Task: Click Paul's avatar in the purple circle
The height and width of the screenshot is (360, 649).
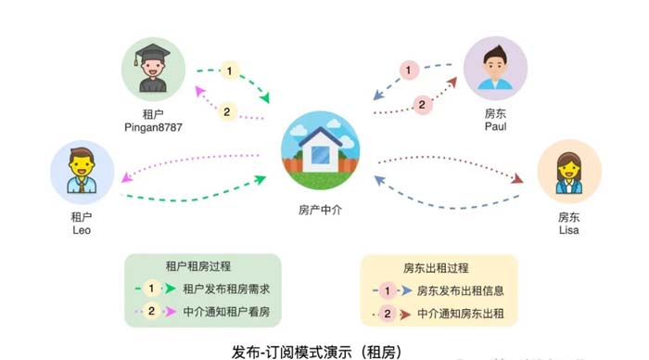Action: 495,68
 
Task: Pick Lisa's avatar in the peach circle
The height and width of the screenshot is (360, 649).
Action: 568,172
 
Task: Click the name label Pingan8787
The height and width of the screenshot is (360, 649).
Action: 149,125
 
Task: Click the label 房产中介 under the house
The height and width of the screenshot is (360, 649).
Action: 324,210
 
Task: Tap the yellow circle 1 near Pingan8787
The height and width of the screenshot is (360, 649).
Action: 229,71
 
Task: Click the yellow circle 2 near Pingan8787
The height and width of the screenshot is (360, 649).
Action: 228,111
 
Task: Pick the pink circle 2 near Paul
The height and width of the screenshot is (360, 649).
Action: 421,104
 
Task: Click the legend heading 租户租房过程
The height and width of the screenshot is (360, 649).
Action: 201,267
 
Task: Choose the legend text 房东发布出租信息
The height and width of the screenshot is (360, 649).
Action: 461,289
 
